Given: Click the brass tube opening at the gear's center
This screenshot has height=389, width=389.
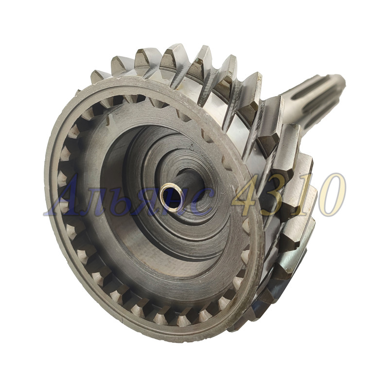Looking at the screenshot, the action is pos(171,197).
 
